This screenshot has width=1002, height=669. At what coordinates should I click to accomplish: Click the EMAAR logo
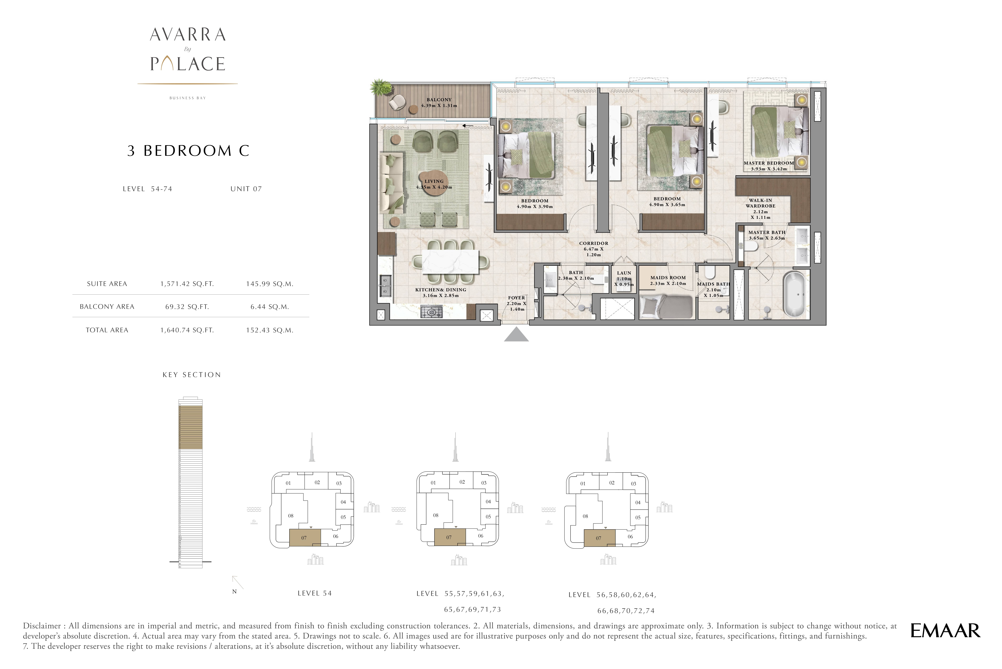(945, 631)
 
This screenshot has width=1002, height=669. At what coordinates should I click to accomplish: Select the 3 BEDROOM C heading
(188, 151)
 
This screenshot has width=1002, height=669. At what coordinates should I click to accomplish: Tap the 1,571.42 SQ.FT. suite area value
(187, 284)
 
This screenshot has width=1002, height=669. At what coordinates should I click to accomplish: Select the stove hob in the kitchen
(432, 312)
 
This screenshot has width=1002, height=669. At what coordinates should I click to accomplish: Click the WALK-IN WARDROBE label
(760, 203)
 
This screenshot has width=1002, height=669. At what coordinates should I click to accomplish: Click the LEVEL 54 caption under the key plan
(314, 593)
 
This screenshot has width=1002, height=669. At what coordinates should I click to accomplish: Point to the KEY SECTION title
(191, 375)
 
